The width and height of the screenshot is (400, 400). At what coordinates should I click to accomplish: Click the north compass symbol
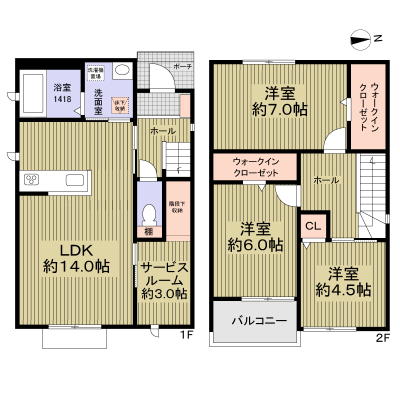coord(360,40)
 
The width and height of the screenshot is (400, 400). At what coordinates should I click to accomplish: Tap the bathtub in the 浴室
coord(33,93)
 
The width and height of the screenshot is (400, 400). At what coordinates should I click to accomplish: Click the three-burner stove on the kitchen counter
coord(31,179)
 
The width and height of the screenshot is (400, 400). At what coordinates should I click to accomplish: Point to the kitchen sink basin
coord(74,180)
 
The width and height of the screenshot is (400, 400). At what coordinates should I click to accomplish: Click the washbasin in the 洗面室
coord(122,69)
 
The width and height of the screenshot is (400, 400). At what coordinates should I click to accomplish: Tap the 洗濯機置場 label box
coord(95,73)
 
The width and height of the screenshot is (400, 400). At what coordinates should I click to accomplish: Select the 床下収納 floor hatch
coord(120,105)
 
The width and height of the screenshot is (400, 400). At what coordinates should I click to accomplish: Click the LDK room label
coord(76,251)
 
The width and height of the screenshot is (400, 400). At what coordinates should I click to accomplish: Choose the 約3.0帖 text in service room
coord(164,293)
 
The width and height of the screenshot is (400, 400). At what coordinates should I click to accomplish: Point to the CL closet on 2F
coord(313,226)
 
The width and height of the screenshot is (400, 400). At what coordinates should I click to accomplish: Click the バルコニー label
coord(259,320)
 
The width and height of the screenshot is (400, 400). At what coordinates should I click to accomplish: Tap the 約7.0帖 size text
coord(279,109)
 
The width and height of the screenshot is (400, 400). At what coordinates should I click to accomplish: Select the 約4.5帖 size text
coord(343,290)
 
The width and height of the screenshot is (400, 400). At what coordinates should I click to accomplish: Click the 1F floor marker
coord(186,334)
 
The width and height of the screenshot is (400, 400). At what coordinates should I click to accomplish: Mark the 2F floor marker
coord(383,338)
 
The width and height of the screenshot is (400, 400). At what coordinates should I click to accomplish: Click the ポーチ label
coord(182,67)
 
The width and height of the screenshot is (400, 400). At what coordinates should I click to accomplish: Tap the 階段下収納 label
coord(177,207)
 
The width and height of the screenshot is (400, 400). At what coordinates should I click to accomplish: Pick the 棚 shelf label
coord(148,231)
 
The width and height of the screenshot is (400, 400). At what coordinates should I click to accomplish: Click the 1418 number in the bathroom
coord(62,98)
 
